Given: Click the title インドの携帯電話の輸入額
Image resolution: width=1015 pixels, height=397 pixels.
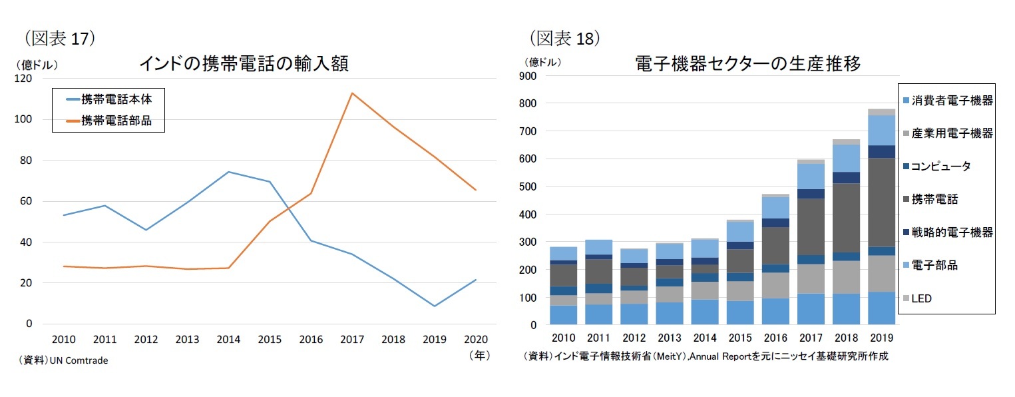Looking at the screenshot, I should click(x=244, y=64).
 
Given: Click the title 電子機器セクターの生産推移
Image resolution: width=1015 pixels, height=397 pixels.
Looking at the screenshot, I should click(x=747, y=64).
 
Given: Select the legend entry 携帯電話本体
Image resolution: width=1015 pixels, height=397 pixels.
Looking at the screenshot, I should click(x=116, y=99).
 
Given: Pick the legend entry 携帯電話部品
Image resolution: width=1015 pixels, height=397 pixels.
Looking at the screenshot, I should click(x=116, y=121).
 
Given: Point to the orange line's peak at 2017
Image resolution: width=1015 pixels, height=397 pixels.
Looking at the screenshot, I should click(x=352, y=93).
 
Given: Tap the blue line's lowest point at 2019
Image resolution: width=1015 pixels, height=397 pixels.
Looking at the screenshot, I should click(x=435, y=306).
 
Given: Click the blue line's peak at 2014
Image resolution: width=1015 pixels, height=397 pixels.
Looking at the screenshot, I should click(x=228, y=172).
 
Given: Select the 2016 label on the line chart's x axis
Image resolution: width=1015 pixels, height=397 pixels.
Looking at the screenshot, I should click(x=311, y=340).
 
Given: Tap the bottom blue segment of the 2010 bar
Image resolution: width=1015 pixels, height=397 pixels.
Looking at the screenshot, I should click(x=563, y=315).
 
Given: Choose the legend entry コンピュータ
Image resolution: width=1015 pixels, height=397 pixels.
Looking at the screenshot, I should click(x=940, y=167).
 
